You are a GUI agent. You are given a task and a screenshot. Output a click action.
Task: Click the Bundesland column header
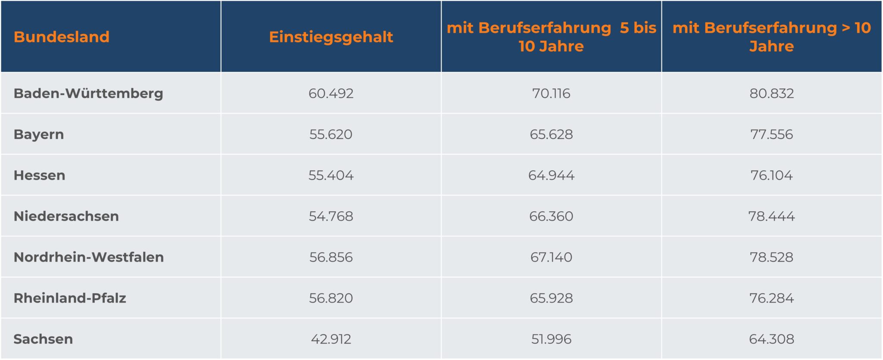[62, 37]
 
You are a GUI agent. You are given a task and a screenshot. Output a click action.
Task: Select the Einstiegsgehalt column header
[331, 37]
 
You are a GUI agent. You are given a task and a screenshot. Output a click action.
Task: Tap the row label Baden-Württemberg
[88, 94]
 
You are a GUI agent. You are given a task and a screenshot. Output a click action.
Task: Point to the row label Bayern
[39, 135]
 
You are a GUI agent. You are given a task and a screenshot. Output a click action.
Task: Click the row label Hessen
[40, 175]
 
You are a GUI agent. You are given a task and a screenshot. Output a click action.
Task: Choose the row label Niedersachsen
[66, 216]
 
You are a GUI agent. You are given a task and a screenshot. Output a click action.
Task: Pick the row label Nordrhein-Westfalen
[89, 257]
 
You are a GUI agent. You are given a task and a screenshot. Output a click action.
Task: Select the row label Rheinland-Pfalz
[70, 298]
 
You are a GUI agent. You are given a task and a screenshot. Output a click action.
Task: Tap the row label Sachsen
[43, 339]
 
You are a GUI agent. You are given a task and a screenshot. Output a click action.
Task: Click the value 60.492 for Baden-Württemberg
[331, 94]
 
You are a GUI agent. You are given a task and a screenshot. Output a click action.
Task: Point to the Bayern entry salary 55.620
[331, 135]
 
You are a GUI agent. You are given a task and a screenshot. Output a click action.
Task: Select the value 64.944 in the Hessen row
[551, 175]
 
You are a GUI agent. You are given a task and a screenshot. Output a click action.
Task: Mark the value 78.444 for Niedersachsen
[771, 216]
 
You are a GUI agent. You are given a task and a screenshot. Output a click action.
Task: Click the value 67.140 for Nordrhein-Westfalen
[551, 257]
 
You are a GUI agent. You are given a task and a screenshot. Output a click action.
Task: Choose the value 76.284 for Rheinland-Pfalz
[771, 298]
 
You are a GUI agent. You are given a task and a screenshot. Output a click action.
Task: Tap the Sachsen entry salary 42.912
[331, 339]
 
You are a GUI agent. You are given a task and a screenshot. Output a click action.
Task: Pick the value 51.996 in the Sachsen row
[551, 339]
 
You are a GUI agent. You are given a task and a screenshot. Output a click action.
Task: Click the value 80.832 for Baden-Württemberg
[771, 94]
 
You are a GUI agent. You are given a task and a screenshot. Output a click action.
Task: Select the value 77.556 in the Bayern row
[771, 135]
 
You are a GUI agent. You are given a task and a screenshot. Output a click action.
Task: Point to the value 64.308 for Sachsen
[771, 339]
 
